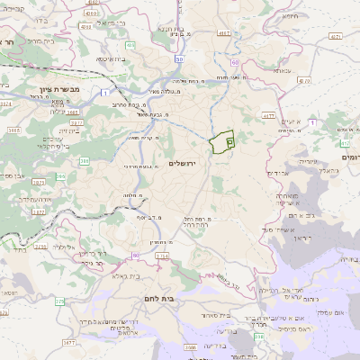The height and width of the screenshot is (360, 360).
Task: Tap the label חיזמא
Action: tap(288, 15)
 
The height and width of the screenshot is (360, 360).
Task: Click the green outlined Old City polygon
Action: tap(220, 143)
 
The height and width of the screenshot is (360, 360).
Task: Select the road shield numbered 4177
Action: tap(267, 115)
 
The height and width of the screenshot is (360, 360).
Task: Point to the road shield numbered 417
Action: tap(344, 142)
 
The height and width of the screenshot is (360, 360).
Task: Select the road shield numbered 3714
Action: tap(162, 256)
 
